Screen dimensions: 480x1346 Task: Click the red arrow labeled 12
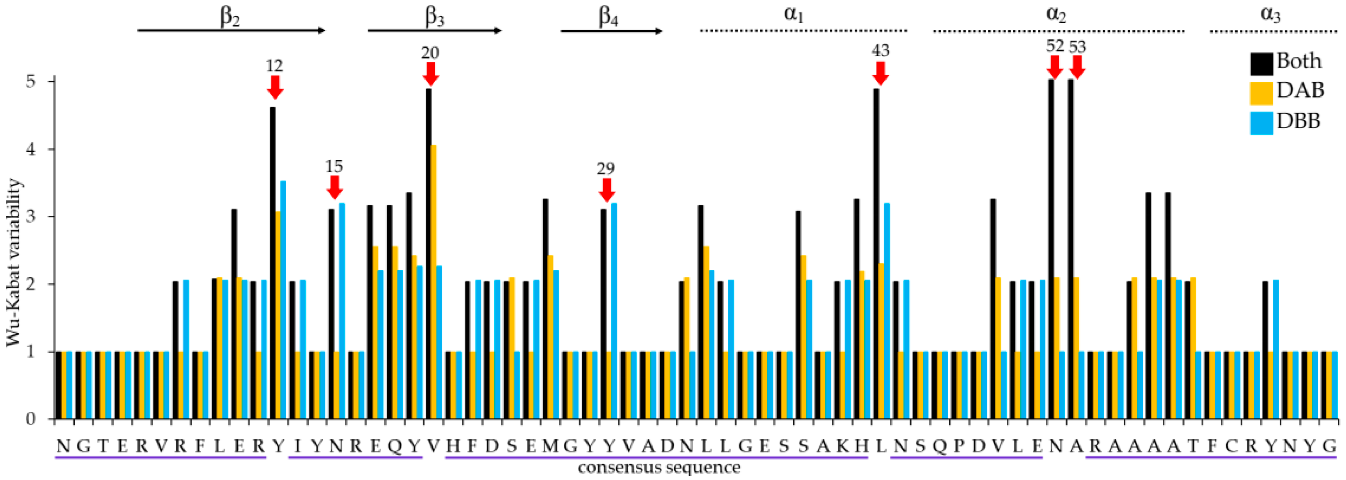click(x=275, y=87)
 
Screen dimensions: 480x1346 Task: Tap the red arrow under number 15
click(x=334, y=187)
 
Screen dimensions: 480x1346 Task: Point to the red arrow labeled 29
click(x=606, y=190)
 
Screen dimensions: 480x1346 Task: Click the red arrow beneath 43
click(x=880, y=73)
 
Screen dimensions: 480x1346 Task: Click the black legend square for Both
click(x=1261, y=64)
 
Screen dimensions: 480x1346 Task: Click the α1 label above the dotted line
click(x=793, y=15)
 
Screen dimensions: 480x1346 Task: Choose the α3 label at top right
click(x=1271, y=15)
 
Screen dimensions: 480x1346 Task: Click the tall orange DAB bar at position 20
click(x=434, y=282)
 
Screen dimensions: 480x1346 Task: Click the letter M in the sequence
click(x=550, y=446)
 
